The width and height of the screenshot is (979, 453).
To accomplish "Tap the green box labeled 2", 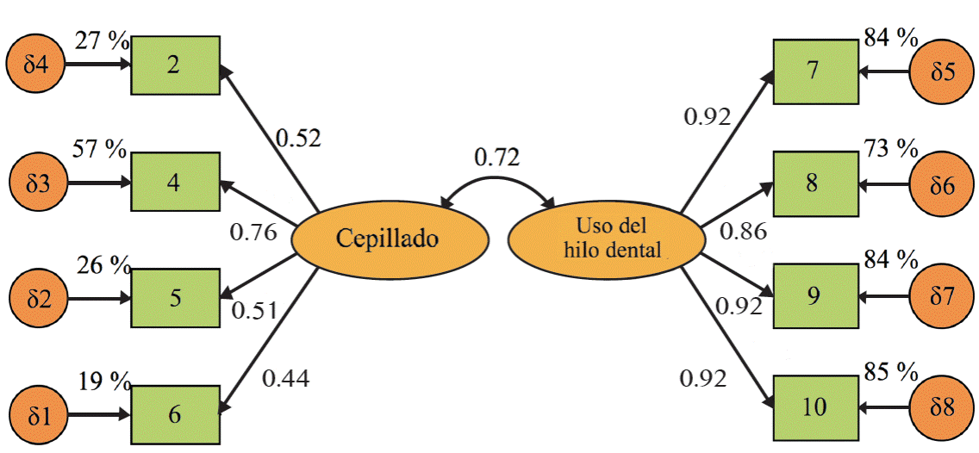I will [174, 65].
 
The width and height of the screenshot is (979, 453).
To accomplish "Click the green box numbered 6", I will [174, 414].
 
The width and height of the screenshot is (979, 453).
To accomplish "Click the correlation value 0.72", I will [497, 158].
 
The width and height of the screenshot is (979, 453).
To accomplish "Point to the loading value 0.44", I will [285, 377].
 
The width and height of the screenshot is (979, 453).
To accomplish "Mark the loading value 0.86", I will [743, 230].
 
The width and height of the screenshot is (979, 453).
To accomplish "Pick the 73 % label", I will [890, 149].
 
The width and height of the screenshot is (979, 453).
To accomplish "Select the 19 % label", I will [103, 379].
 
